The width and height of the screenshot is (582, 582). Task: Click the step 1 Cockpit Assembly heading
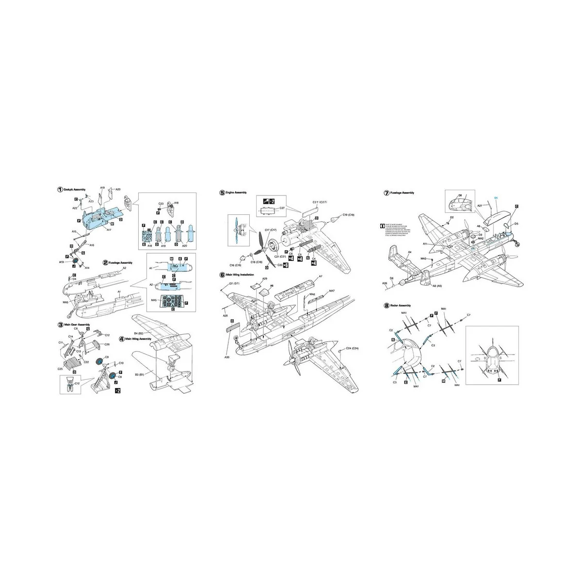coord(75,190)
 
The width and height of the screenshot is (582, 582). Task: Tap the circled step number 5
coord(222,193)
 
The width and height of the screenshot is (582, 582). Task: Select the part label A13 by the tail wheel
coord(61,261)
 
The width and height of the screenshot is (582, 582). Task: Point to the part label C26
coord(107,344)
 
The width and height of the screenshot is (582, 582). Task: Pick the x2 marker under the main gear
coord(117,389)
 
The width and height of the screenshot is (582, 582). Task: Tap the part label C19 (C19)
coord(348,214)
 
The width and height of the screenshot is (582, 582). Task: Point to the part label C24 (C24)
coord(352,349)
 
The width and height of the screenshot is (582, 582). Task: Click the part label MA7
coord(332,291)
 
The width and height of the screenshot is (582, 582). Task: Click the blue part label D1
coord(496,198)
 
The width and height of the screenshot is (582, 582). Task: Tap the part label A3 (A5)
coord(436,287)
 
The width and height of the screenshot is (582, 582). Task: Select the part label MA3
coord(423,259)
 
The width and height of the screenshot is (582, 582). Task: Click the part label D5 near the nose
coord(517,224)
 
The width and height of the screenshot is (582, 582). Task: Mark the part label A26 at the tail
coord(385,283)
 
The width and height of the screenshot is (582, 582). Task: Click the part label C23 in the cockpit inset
coord(161,204)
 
